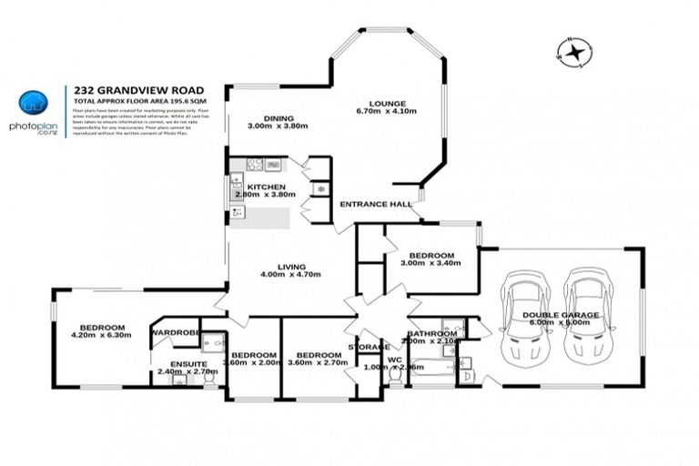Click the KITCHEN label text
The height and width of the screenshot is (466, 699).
254,187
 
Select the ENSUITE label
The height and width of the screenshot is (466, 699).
177,362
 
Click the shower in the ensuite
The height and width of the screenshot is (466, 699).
211,344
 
